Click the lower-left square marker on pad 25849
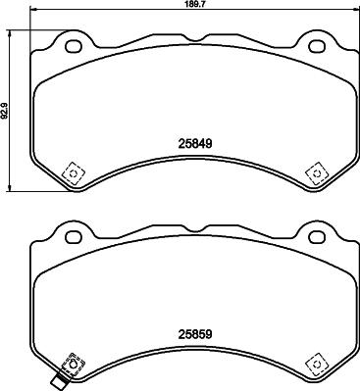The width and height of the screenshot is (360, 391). point(72,172)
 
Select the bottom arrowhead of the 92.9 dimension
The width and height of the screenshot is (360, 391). point(11,189)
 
